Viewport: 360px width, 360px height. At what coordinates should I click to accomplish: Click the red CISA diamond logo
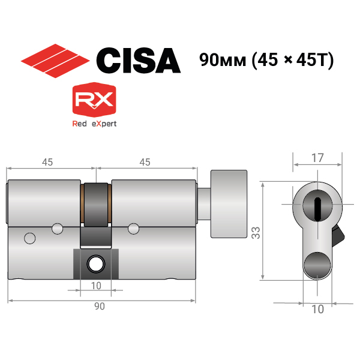[55, 61]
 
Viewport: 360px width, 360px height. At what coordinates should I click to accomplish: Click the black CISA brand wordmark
[139, 61]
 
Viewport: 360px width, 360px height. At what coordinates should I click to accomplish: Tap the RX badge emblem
[94, 100]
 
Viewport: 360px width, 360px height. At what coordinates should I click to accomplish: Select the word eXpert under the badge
[104, 124]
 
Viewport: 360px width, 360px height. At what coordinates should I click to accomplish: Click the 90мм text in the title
[223, 60]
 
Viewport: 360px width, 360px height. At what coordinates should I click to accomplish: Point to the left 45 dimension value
[47, 162]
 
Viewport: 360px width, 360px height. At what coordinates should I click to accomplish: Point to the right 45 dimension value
[145, 162]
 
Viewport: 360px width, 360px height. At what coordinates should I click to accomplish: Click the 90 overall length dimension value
[100, 306]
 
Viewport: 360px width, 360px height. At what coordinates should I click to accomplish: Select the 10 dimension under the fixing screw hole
[96, 286]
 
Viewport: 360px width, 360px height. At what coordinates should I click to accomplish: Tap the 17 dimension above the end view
[317, 158]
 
